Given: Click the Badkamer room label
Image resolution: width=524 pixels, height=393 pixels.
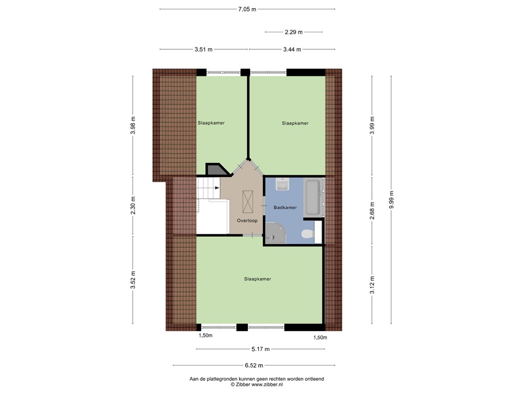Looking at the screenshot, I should (x=285, y=208).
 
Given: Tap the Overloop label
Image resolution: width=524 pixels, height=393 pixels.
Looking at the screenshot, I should (x=247, y=221).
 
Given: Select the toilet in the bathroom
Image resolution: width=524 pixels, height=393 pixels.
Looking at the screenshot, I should (x=308, y=234).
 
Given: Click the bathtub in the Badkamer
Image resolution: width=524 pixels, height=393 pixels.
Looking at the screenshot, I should (x=313, y=198).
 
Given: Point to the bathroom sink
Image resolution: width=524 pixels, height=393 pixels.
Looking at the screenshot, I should (x=282, y=184).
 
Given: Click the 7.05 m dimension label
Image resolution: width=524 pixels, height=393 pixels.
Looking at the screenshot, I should (x=247, y=9).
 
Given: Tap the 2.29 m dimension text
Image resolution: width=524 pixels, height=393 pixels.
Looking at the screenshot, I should (x=294, y=32).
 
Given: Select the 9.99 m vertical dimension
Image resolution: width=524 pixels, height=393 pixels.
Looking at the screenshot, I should (x=391, y=200).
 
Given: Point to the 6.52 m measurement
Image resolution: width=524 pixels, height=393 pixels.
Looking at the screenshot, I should (x=254, y=365).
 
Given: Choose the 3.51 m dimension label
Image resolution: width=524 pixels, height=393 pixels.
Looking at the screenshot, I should (x=203, y=50).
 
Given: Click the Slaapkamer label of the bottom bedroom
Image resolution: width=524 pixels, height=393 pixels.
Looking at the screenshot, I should (x=257, y=279).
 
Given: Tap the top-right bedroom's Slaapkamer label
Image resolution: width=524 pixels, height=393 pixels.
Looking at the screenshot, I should (x=295, y=123).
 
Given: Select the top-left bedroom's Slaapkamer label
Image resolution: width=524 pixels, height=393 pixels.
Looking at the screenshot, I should (x=211, y=123).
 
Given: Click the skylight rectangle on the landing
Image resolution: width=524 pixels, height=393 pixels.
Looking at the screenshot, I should (x=249, y=201).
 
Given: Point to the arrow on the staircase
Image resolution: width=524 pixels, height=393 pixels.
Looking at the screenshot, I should (x=217, y=188).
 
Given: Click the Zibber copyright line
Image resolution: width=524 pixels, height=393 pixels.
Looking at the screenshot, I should (x=256, y=384).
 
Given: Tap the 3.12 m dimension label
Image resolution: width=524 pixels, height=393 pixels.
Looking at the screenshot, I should (x=372, y=285).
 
